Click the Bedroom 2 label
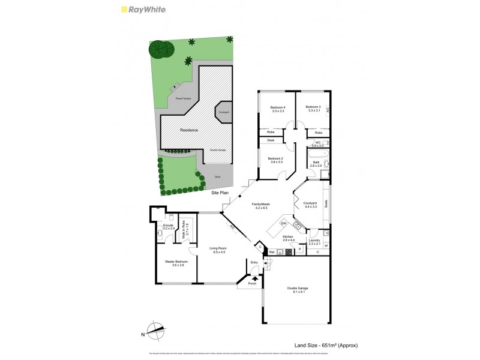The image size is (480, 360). pyautogui.click(x=277, y=158)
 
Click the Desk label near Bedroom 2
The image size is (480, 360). pyautogui.click(x=271, y=140)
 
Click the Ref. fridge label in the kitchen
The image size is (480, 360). pyautogui.click(x=272, y=252)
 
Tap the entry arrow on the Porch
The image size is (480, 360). pyautogui.click(x=254, y=278)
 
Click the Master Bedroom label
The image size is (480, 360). pyautogui.click(x=176, y=262)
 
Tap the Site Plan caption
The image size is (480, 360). pyautogui.click(x=220, y=193)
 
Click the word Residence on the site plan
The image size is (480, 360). pyautogui.click(x=189, y=130)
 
